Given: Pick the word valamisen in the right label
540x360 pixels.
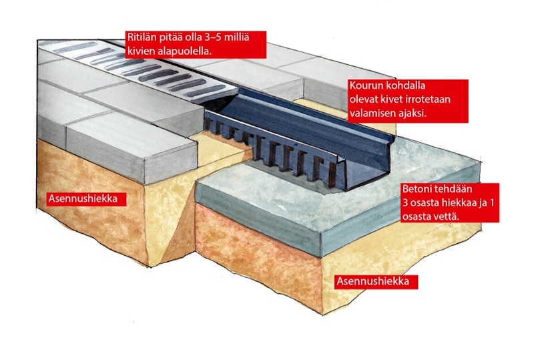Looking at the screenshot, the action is (372, 113).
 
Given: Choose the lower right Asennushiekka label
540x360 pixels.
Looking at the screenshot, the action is (373, 281).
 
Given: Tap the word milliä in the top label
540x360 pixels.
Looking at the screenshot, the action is (236, 37).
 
